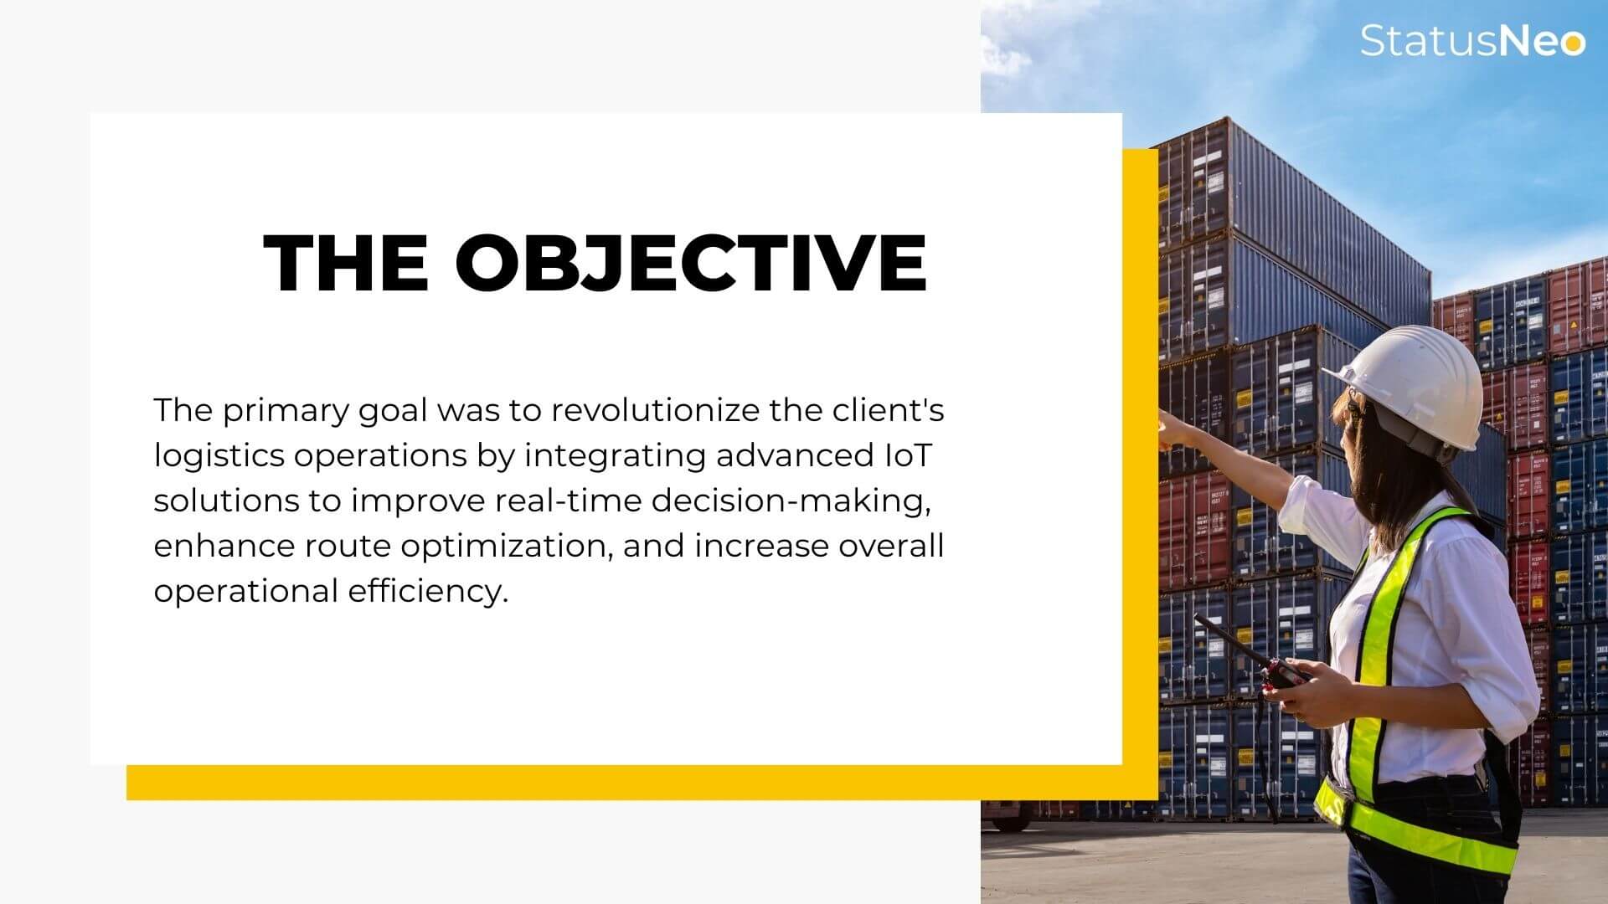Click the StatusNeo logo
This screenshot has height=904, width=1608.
coord(1472,40)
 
